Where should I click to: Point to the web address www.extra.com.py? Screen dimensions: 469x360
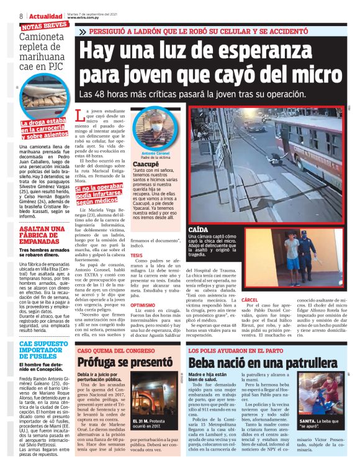tap(92, 18)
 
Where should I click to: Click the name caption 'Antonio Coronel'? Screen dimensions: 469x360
tap(155, 153)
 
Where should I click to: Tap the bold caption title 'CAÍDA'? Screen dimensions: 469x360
tap(199, 230)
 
